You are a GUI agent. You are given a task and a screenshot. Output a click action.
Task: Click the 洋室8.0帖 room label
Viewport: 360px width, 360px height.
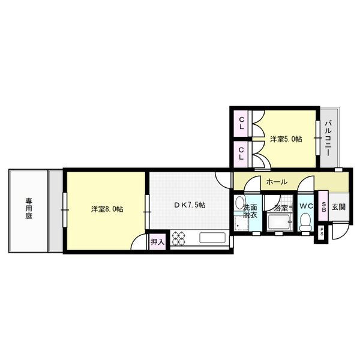pos(107,209)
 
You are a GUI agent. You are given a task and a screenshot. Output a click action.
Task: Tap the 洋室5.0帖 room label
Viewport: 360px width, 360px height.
pos(286,139)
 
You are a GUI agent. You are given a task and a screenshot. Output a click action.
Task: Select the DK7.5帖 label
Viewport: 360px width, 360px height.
pos(190,205)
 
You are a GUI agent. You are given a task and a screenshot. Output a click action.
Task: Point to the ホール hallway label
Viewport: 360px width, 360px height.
pos(276,181)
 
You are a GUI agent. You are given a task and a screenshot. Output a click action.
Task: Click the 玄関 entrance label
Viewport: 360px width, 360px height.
pos(338,207)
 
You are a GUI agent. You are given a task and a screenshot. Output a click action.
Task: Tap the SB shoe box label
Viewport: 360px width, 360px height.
pos(323,208)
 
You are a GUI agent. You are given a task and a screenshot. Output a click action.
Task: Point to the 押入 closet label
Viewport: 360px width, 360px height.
pos(157,242)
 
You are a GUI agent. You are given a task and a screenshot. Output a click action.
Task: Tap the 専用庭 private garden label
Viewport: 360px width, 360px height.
pos(28,209)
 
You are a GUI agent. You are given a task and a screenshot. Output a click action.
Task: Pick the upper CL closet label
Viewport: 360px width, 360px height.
pos(241,125)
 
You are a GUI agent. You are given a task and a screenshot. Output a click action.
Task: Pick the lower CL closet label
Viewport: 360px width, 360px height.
pos(241,153)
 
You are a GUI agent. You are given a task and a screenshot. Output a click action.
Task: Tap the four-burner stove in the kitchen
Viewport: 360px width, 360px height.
pos(179,238)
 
